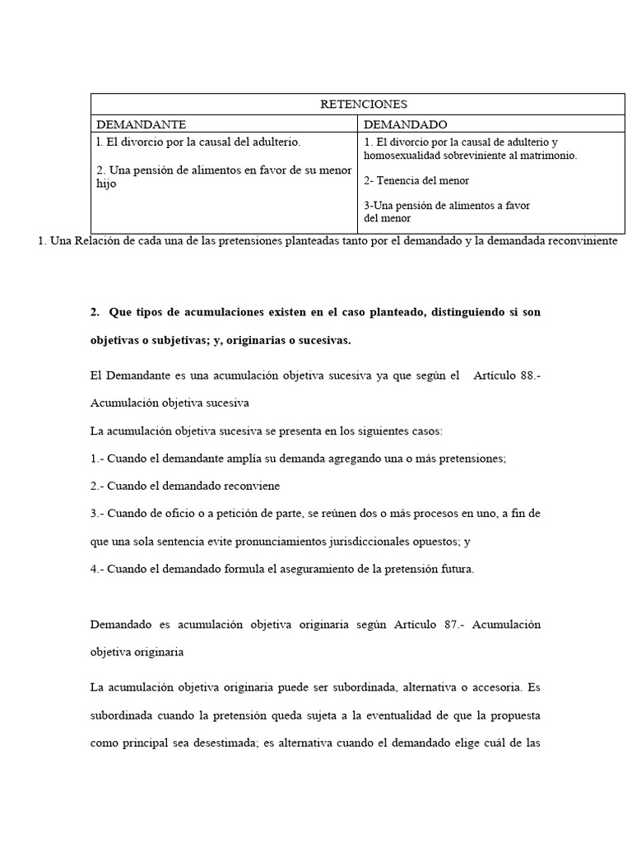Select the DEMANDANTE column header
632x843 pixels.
[142, 124]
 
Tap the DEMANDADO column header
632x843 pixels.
[405, 124]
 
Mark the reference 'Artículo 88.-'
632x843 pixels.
[507, 375]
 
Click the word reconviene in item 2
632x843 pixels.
[252, 486]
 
